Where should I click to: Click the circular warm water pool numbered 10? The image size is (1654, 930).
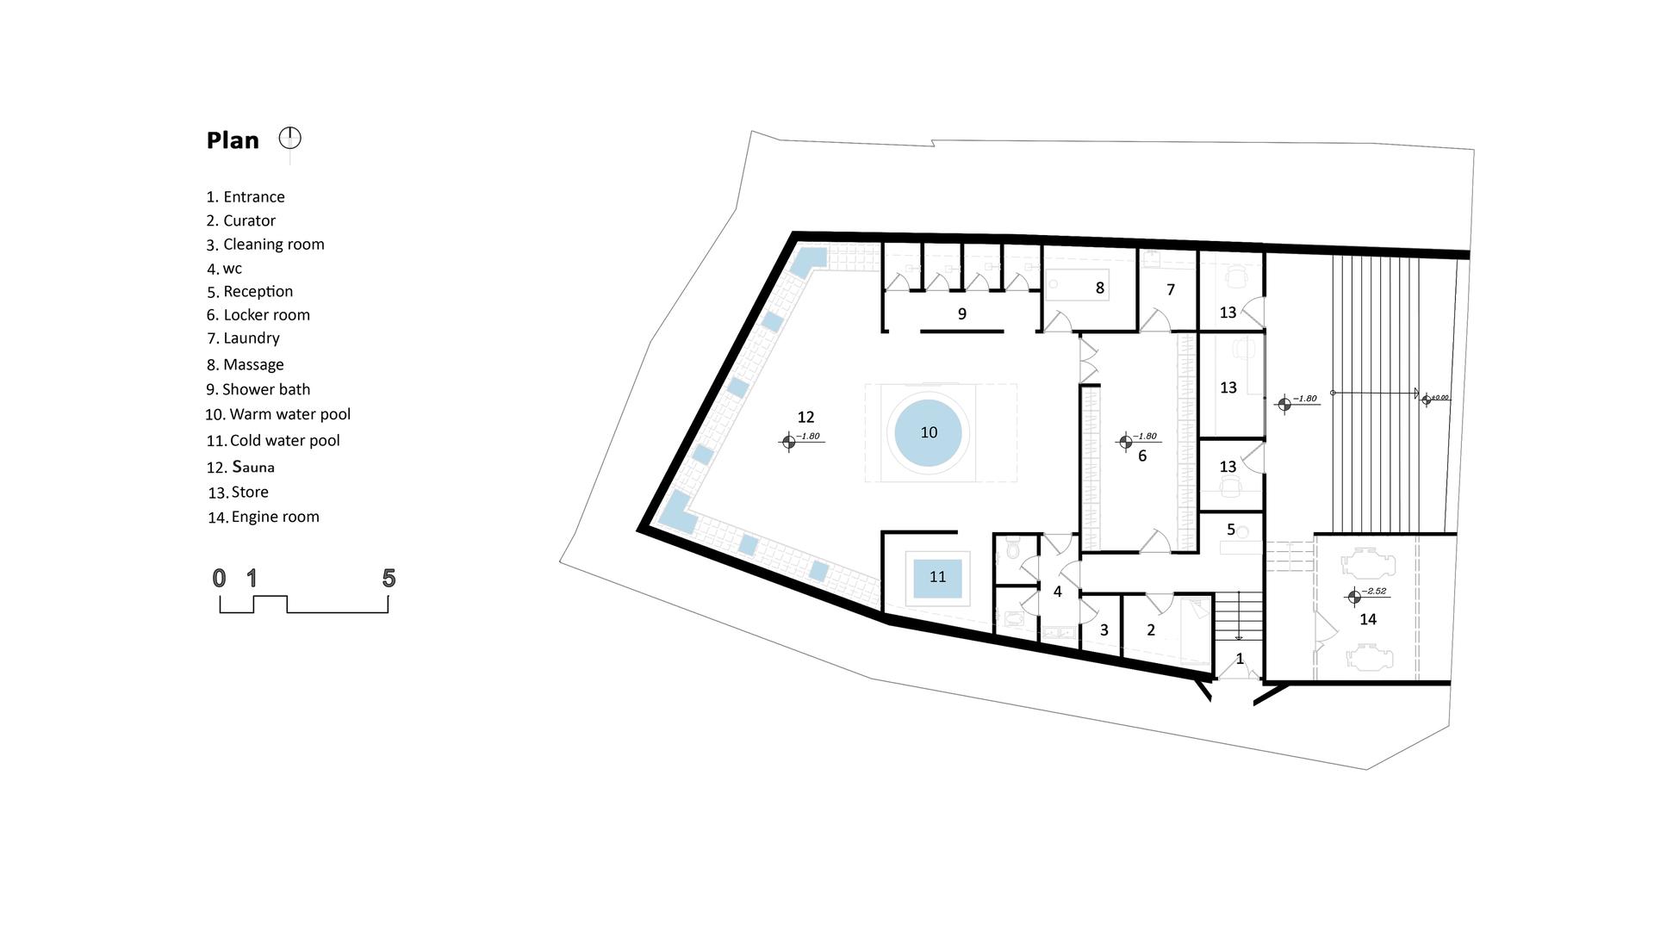coord(928,432)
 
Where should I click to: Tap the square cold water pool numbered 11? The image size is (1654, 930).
coord(937,577)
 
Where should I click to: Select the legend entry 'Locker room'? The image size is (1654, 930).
coord(258,315)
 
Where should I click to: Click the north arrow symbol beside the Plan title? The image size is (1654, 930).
coord(290,138)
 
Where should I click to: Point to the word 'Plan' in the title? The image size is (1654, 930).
coord(233,140)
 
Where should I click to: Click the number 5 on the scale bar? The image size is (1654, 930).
coord(389,578)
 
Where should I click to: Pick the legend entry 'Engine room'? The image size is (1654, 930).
coord(263,517)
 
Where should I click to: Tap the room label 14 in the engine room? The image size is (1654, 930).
coord(1368,619)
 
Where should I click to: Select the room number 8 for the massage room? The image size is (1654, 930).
coord(1100,288)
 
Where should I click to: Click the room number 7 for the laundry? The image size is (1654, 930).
coord(1171,290)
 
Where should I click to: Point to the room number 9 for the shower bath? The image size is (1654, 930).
coord(962,314)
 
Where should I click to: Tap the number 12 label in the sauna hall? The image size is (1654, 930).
coord(805,418)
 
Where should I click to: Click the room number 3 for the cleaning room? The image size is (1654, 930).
coord(1104,630)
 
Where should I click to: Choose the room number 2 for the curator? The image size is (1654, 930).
coord(1151,630)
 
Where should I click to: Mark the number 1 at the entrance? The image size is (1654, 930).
coord(1240,659)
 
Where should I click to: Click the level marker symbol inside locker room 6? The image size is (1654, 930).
coord(1125,442)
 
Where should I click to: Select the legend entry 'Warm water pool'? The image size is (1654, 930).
coord(277,414)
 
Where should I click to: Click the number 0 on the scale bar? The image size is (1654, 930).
coord(220,578)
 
